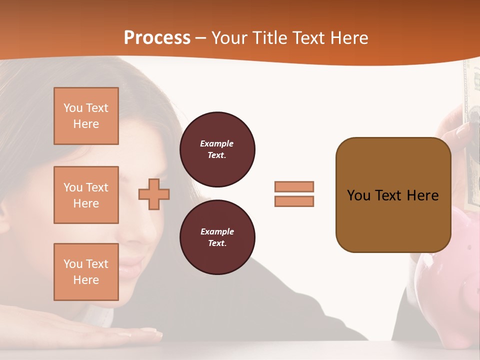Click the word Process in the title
[157, 38]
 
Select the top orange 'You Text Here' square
[86, 116]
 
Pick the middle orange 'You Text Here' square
[86, 195]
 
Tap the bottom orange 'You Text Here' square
[86, 272]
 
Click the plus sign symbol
[154, 194]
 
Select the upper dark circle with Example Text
[217, 149]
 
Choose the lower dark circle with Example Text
[217, 237]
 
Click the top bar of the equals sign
[294, 186]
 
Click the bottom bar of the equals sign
[294, 201]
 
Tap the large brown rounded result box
[393, 195]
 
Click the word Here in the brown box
[422, 195]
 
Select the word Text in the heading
[310, 38]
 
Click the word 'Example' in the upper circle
[217, 143]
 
